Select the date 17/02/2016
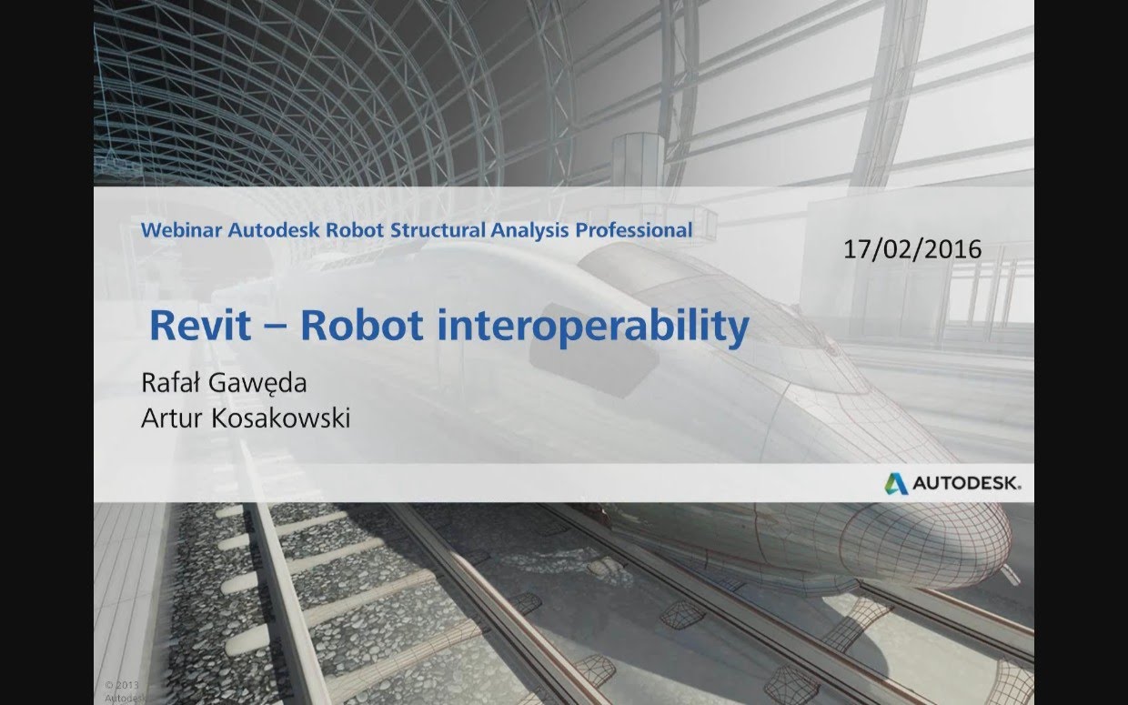911,249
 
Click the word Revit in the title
199,327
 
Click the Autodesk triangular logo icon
896,483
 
